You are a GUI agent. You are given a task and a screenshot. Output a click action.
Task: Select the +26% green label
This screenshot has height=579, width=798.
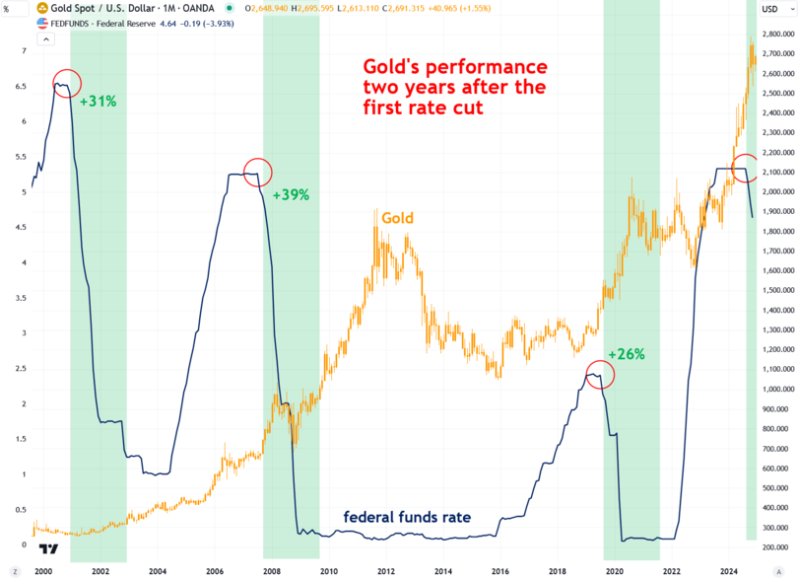[627, 353]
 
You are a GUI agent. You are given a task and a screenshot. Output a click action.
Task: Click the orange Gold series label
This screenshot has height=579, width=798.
[397, 218]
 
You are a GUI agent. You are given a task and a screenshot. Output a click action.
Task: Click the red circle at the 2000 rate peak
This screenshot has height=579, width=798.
[66, 85]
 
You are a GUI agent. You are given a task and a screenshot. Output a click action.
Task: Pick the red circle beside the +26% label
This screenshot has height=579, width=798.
[598, 373]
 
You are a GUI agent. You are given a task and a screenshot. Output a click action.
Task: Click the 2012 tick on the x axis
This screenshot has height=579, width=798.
[385, 571]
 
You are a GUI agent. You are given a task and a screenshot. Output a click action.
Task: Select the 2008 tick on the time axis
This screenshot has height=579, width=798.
[272, 571]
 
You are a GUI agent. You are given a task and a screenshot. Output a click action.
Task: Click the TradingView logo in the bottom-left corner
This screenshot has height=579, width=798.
[46, 548]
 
